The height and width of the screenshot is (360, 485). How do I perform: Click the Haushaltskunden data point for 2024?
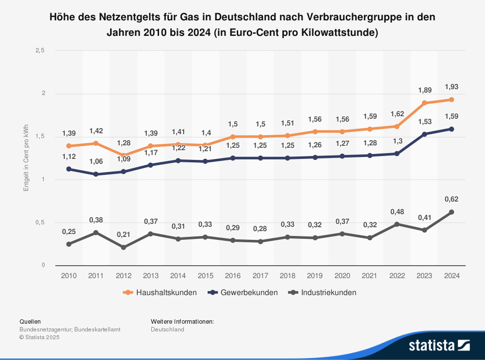(451, 99)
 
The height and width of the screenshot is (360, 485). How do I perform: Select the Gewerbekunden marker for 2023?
(424, 134)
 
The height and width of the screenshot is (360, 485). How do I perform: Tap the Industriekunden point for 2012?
(123, 247)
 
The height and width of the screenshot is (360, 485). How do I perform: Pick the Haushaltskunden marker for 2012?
(123, 155)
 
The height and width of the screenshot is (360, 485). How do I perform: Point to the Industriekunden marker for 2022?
(397, 224)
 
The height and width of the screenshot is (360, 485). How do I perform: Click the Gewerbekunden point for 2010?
(69, 169)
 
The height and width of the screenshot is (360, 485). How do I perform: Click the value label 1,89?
(424, 90)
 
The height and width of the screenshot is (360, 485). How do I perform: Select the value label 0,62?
(451, 199)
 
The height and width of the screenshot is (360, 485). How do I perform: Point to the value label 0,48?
(397, 211)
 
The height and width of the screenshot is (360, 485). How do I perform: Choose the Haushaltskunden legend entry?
(161, 292)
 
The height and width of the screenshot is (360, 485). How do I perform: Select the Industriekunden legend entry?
(323, 292)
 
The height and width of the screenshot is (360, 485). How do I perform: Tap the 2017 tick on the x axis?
(260, 276)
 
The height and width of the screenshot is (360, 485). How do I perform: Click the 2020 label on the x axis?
(342, 276)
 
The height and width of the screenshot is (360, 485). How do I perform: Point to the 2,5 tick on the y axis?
(40, 50)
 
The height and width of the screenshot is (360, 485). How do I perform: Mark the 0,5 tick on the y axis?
(40, 222)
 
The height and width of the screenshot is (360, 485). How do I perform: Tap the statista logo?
(439, 345)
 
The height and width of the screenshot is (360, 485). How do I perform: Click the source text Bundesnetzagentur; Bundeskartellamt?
(70, 329)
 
